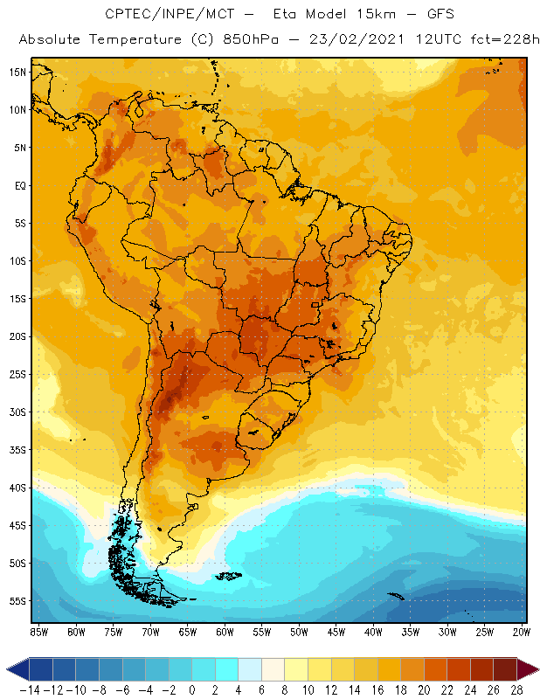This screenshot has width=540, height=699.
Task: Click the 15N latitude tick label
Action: coord(17,72)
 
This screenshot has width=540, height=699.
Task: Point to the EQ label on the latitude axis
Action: coord(18,185)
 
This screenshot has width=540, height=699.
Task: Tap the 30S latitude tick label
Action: coord(17,412)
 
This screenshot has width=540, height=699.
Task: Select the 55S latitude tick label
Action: coord(17,601)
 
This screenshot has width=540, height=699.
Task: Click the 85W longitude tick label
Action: coord(38,630)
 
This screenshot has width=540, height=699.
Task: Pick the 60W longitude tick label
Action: coord(225,630)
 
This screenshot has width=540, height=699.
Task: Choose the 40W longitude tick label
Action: coord(374,630)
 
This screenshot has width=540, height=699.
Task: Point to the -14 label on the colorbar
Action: coord(28,689)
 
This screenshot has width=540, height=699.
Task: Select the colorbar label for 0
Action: coord(192,689)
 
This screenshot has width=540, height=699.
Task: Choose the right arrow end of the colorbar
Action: coord(528,669)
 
